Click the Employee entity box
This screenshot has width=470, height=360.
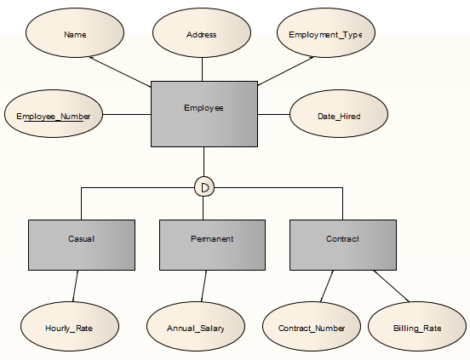[x=203, y=113]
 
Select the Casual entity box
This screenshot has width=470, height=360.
[x=81, y=245]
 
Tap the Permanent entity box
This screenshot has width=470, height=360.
[x=212, y=245]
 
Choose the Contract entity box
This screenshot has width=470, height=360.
[x=342, y=245]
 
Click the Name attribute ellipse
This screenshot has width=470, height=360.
[x=75, y=35]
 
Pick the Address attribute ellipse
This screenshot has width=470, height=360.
[x=201, y=35]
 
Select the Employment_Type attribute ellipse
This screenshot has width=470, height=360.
[x=325, y=35]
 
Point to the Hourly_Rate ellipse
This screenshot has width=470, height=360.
[x=70, y=327]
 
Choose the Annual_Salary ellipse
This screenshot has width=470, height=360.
[x=196, y=327]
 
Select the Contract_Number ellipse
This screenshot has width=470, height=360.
[x=312, y=327]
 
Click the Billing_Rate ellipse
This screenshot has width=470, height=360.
[x=417, y=327]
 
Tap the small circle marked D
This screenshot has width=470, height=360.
[x=203, y=186]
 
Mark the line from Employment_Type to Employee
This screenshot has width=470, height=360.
[x=285, y=71]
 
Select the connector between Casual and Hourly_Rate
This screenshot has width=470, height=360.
[x=76, y=286]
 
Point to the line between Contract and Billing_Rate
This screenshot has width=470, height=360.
[x=392, y=286]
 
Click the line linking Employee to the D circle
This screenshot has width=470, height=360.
[x=203, y=162]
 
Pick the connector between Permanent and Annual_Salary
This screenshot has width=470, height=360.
[x=204, y=286]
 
